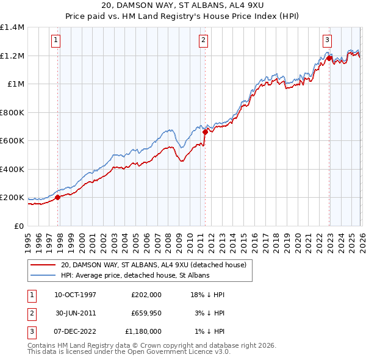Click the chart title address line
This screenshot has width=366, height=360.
(182, 5)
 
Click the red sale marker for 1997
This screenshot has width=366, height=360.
(58, 197)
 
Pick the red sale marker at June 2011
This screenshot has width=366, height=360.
(205, 132)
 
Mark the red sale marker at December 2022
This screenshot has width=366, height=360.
(329, 59)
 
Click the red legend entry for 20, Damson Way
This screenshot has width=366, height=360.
(153, 265)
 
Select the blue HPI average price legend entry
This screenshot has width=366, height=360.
(135, 275)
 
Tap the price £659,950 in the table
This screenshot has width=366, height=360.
(146, 313)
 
